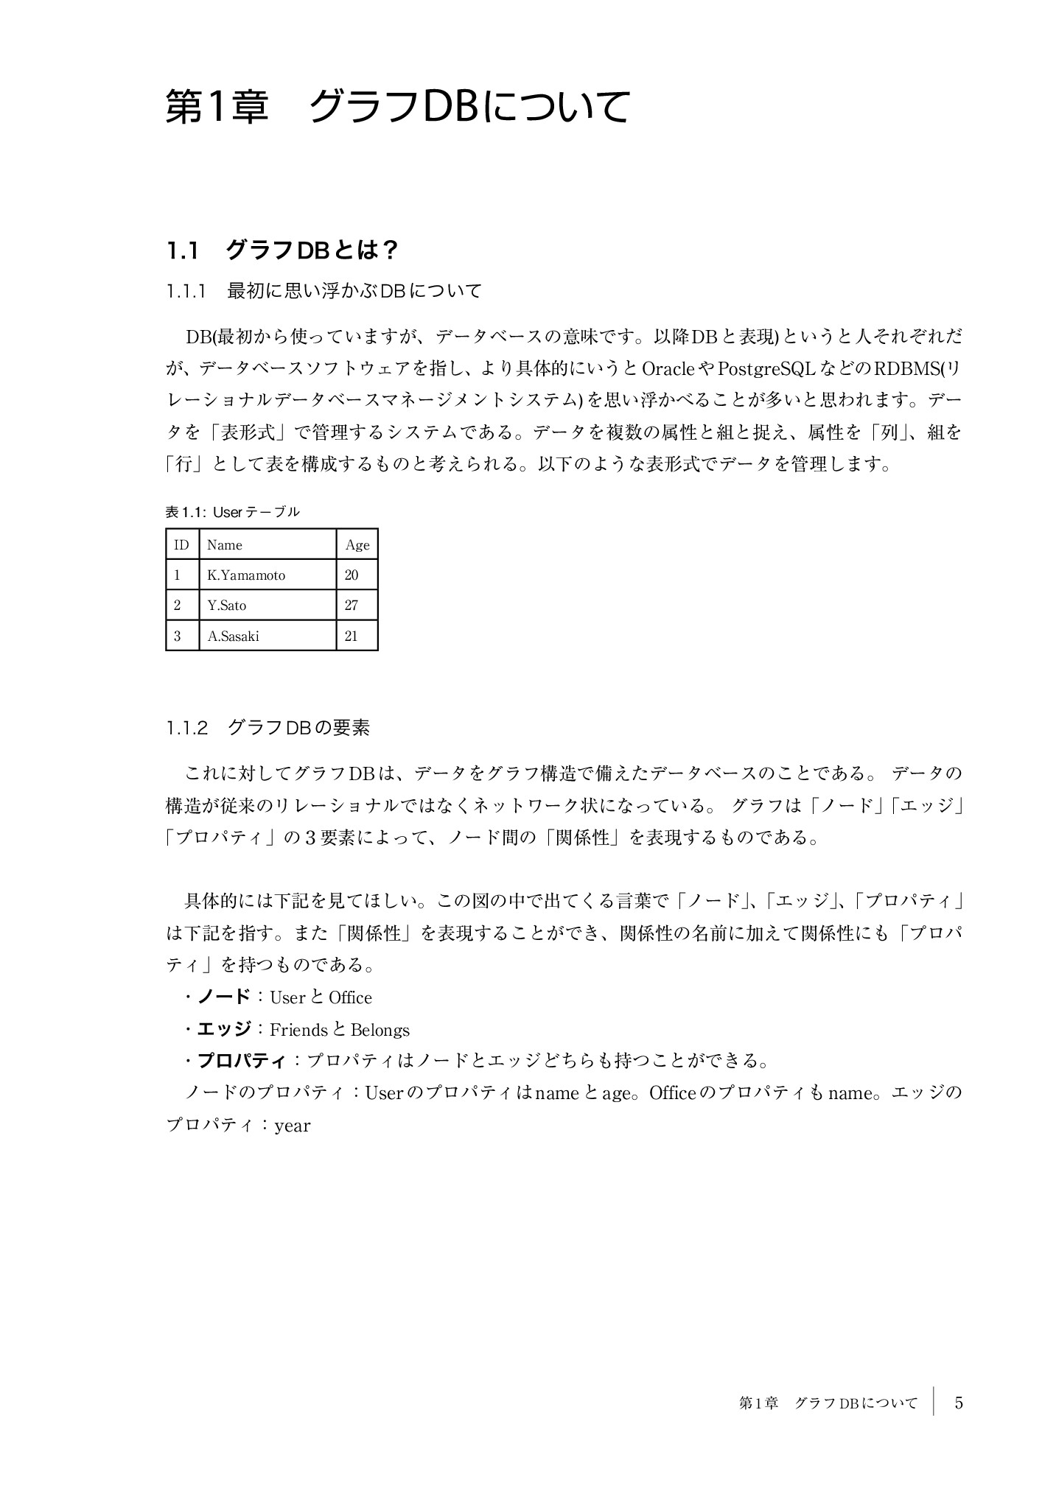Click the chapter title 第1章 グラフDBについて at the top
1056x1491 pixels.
[397, 108]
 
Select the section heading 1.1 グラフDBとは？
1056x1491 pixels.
[282, 251]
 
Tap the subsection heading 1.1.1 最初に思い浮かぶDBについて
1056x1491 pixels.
[324, 292]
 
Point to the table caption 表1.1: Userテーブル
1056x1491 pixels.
[232, 511]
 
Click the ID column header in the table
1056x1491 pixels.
[181, 545]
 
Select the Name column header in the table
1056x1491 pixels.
[225, 545]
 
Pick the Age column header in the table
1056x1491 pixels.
[357, 545]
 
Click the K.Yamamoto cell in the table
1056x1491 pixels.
[246, 575]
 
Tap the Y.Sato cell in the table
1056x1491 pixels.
[227, 606]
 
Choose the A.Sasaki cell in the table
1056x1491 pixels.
[234, 636]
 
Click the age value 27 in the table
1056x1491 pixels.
[351, 606]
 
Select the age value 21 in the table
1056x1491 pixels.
[351, 636]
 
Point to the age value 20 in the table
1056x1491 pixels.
[351, 575]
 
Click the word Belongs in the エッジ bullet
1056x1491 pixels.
[380, 1030]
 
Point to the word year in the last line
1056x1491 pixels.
[293, 1126]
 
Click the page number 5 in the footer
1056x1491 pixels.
[959, 1403]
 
